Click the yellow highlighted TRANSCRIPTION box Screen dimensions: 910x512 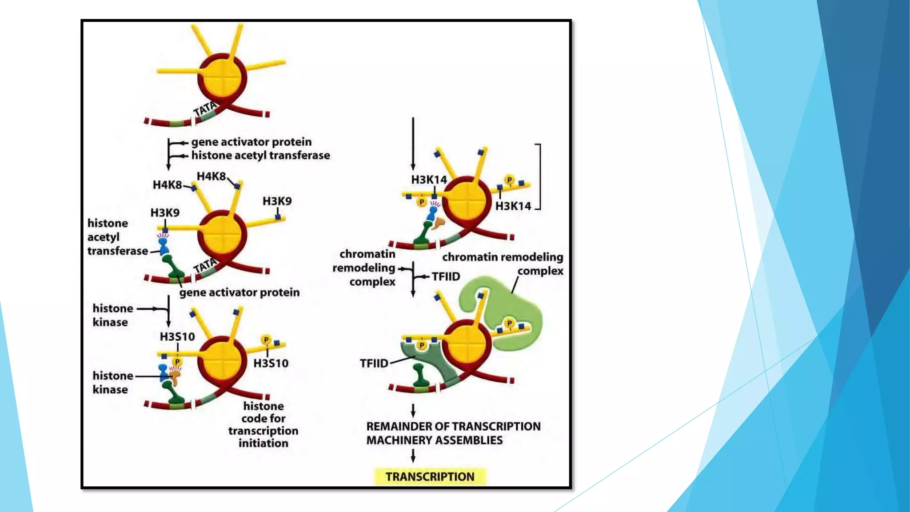point(430,476)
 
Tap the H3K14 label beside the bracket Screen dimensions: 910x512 point(513,206)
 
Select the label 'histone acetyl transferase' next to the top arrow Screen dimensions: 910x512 point(260,156)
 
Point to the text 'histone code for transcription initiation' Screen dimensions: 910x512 point(263,424)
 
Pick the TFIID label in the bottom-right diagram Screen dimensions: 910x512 point(374,364)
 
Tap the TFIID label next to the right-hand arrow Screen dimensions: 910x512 point(446,276)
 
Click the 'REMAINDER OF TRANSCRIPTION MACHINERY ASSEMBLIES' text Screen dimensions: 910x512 point(453,433)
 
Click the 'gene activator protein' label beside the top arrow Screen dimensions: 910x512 point(251,142)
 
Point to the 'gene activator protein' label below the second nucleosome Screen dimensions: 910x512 point(239,292)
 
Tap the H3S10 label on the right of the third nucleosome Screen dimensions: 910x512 point(271,364)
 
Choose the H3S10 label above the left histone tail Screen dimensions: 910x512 point(177,337)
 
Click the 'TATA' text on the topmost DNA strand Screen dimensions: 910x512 point(205,108)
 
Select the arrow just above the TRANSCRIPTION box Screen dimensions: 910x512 point(413,456)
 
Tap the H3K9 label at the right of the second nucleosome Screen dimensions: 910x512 point(277,201)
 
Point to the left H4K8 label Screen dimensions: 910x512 point(167,185)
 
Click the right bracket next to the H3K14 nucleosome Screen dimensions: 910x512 point(539,176)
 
